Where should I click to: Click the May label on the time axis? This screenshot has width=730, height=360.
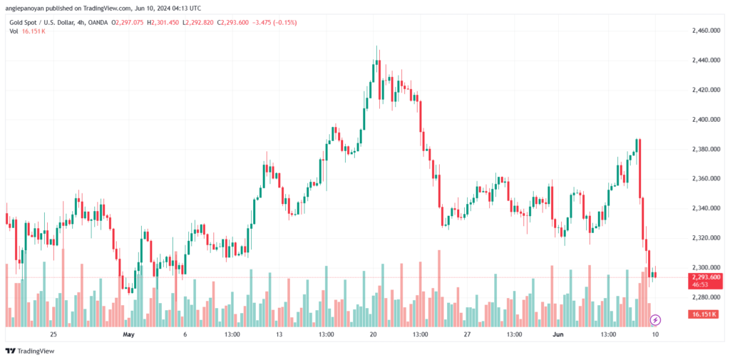[x=128, y=334]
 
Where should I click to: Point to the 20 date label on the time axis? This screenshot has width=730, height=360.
[x=373, y=334]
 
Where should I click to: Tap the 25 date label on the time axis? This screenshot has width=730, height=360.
[x=53, y=334]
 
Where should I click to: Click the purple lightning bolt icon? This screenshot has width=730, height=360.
[x=656, y=320]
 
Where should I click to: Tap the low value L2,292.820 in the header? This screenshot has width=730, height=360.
[x=200, y=22]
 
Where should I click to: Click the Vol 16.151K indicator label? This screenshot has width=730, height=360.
[x=27, y=31]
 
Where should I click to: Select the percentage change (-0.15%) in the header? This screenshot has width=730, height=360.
[x=284, y=22]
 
